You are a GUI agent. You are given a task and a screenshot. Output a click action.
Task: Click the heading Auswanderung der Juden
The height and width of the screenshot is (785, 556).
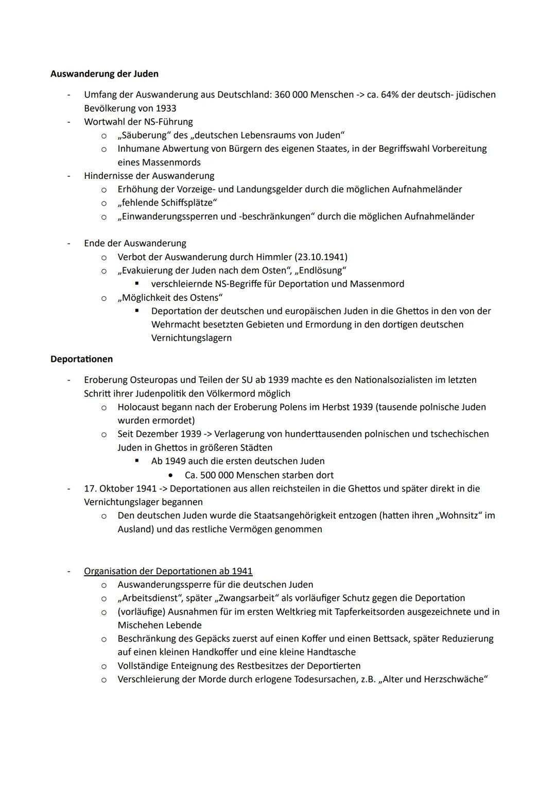coord(105,74)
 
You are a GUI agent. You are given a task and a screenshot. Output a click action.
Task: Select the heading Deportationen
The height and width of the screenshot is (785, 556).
coord(81,359)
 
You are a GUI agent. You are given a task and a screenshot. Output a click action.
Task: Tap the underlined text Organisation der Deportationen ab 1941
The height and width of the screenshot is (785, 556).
coord(168,571)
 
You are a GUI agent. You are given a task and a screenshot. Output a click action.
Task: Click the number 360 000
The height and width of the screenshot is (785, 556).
coord(291,95)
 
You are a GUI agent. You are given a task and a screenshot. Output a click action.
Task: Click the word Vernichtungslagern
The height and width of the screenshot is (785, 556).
coord(192,338)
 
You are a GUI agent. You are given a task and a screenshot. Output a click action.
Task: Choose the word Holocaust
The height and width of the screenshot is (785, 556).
coord(140,407)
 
